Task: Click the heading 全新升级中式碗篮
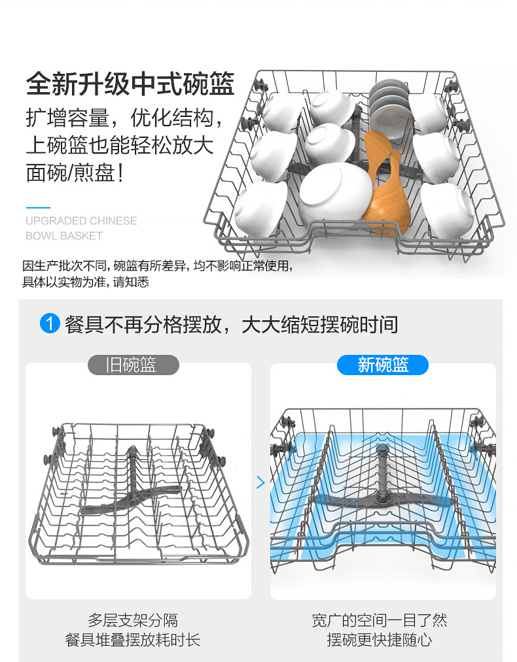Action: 130,84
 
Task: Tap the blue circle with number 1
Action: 50,324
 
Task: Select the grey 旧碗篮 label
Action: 133,365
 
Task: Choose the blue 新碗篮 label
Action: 383,365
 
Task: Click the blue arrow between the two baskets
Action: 260,482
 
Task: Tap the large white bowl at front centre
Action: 335,195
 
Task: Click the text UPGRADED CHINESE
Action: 81,221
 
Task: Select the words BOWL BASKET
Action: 64,236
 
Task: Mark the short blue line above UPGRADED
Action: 38,207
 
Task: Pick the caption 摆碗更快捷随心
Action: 379,640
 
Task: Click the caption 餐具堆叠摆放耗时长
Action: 133,640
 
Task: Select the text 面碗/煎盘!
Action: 75,173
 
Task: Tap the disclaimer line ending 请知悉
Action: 85,282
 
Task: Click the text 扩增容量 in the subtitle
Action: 67,118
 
